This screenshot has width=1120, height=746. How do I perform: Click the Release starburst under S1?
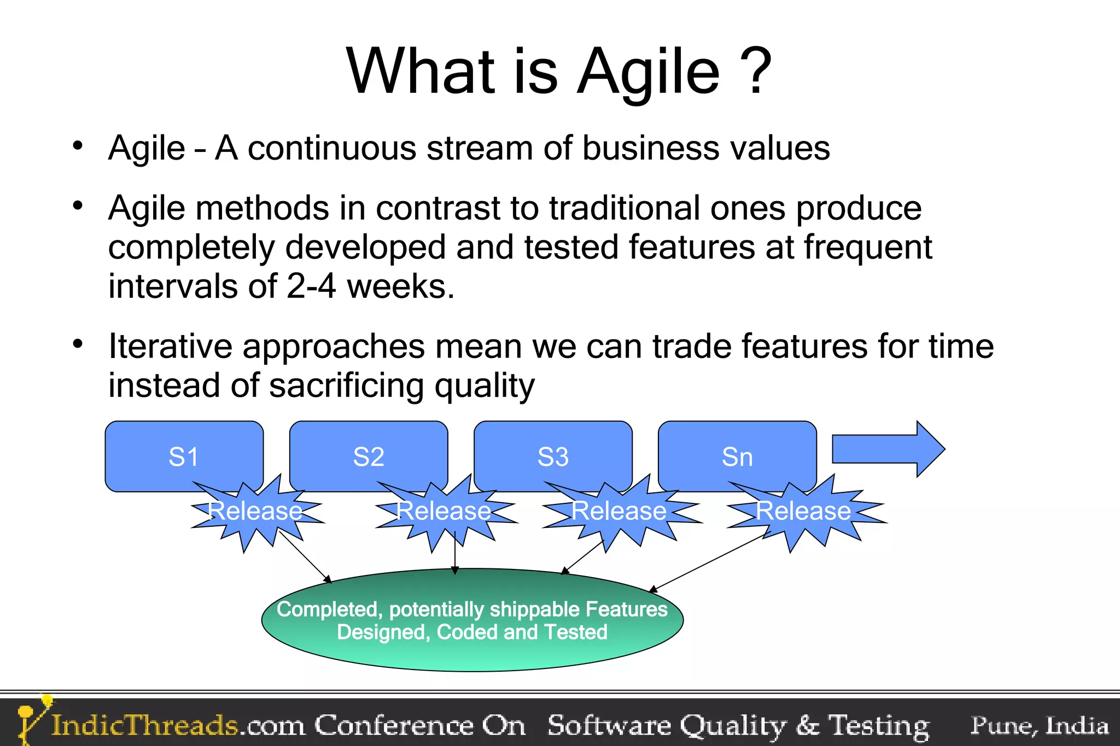coord(255,512)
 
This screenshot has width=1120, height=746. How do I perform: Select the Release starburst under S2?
coord(444,512)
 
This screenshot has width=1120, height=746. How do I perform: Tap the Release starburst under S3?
coord(619,512)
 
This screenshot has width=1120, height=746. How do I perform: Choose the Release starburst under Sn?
coord(803,512)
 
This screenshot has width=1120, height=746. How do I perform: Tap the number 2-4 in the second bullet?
coord(311,286)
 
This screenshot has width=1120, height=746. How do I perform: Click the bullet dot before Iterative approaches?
coord(78,344)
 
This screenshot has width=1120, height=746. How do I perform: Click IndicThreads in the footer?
coord(145,725)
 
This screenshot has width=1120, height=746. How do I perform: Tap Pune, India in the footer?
coord(1039,725)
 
